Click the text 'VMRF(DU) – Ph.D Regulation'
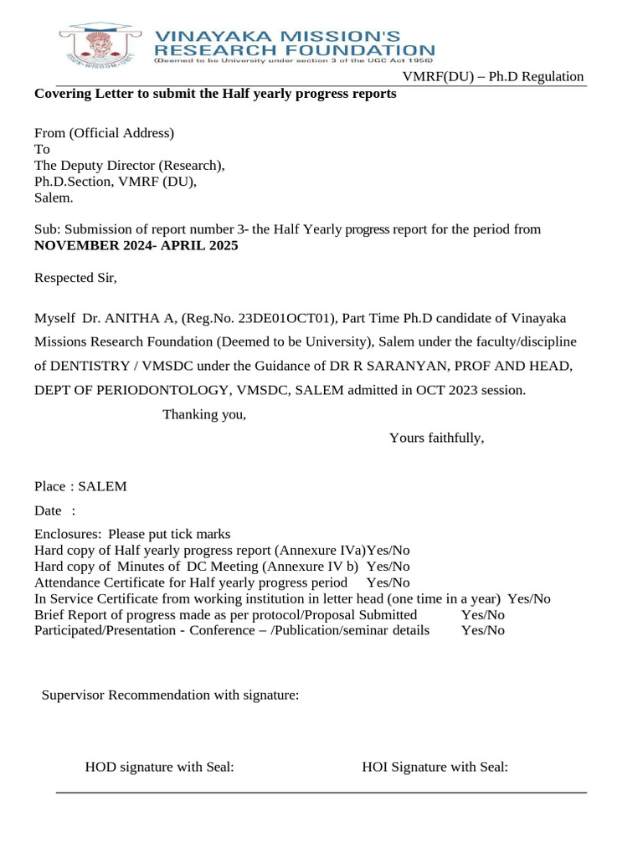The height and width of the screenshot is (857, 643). coord(493,77)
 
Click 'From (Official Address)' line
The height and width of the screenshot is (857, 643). coord(104,133)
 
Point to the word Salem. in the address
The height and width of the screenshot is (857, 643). coord(54,198)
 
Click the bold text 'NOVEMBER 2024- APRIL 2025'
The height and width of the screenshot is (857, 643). coord(136,246)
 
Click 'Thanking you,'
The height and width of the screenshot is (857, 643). coord(204,414)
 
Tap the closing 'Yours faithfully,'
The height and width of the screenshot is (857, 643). coord(436,438)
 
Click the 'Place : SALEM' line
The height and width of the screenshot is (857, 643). coord(80,486)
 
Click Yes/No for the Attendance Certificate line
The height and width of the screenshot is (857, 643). coord(388,582)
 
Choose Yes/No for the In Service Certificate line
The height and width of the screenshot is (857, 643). coord(529,598)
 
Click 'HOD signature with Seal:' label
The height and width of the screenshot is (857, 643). coord(159,767)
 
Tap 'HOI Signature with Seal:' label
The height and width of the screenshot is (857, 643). coord(435,767)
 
